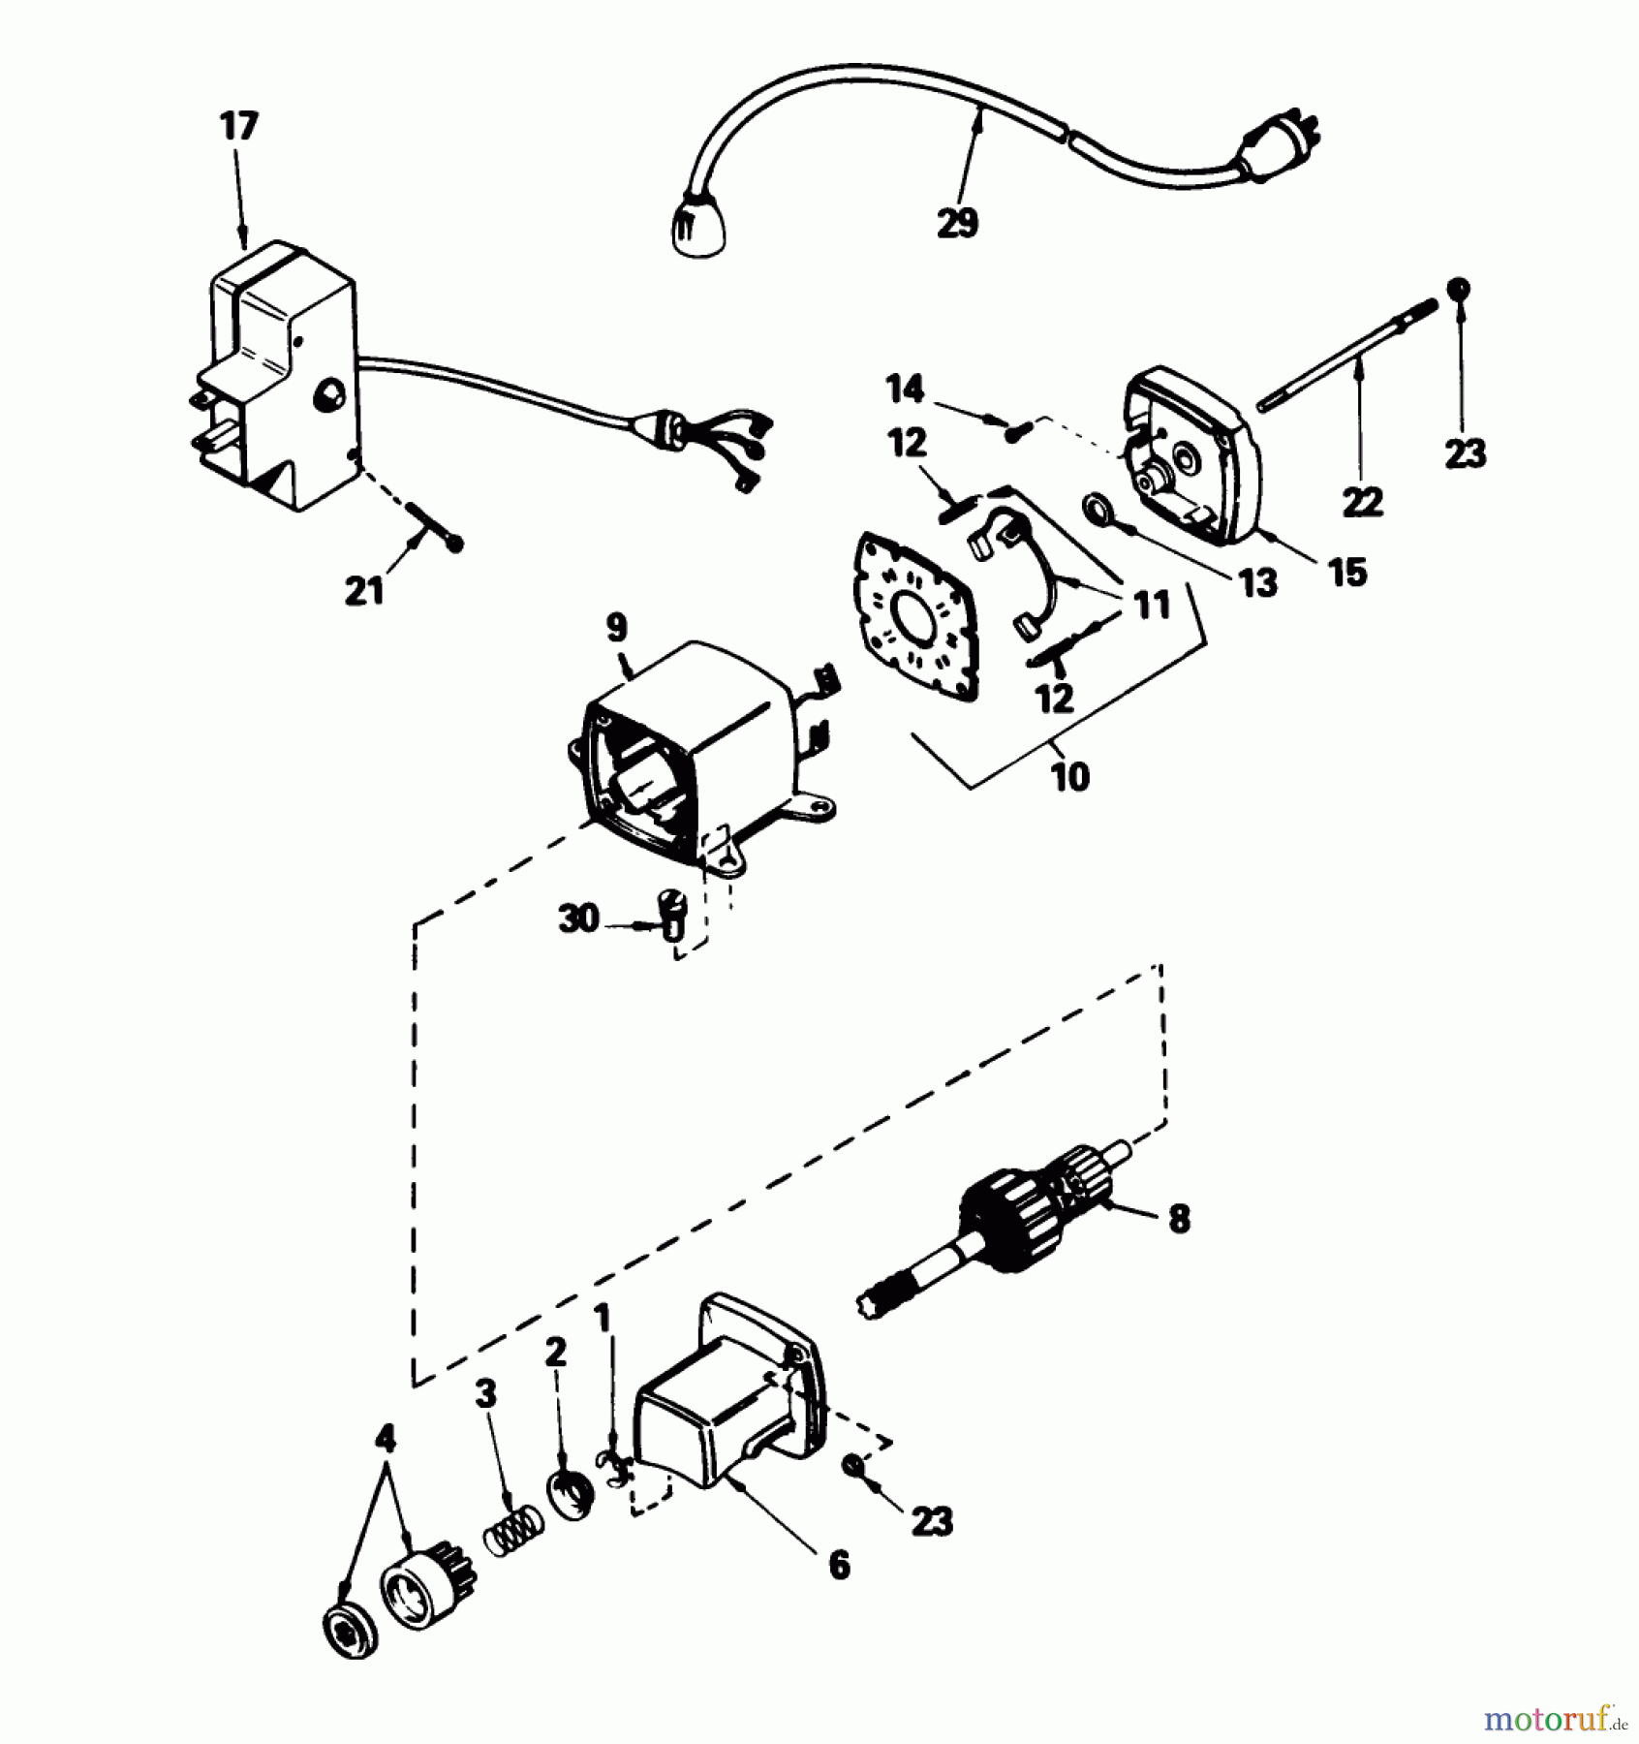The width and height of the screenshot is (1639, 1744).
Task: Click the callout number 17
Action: click(x=239, y=126)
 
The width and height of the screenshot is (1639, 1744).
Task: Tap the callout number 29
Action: click(x=957, y=223)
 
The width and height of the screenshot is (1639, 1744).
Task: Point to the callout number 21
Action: click(x=365, y=590)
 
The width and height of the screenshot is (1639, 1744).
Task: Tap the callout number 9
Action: click(x=617, y=628)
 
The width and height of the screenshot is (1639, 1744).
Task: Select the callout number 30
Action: click(x=578, y=917)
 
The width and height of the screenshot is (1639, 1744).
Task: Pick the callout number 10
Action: click(x=1069, y=776)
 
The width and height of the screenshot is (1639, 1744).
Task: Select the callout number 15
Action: click(x=1348, y=572)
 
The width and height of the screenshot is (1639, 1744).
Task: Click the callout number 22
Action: click(x=1362, y=502)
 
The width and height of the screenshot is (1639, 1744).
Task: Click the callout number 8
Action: click(x=1179, y=1218)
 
